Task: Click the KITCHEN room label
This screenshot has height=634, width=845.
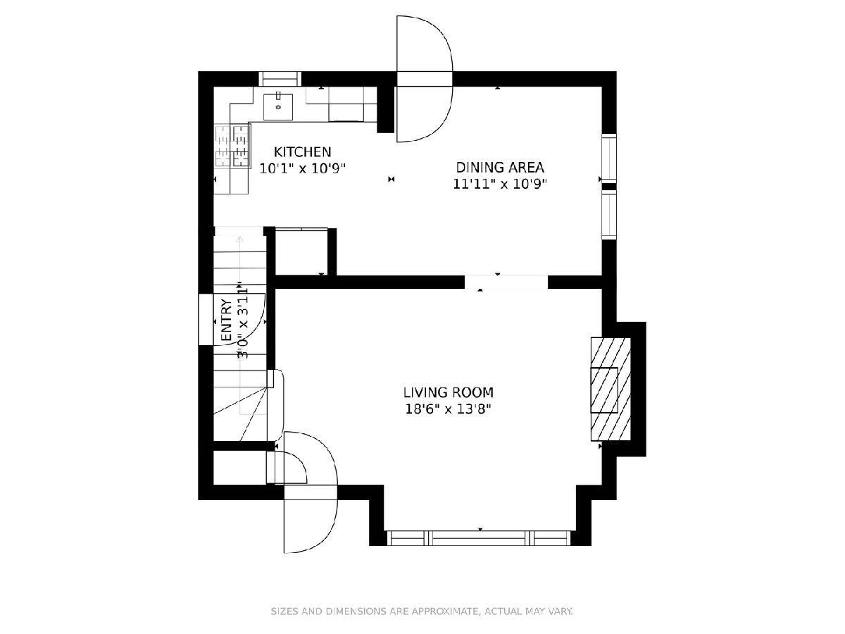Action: click(x=302, y=152)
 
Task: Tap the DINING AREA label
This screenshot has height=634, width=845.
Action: click(x=500, y=168)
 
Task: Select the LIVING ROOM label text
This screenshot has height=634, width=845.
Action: click(x=449, y=392)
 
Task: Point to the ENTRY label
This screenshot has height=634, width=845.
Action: click(x=227, y=321)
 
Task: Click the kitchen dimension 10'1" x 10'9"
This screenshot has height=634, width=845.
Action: click(x=303, y=168)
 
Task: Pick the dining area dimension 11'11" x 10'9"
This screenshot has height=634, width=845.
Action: click(x=500, y=185)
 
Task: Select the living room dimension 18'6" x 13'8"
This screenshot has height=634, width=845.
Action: click(x=449, y=409)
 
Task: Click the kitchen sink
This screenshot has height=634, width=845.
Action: click(x=278, y=107)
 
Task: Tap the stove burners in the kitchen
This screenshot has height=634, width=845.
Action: click(x=232, y=146)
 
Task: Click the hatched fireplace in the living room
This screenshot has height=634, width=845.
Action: click(x=611, y=389)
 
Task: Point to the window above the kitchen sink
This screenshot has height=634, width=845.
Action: click(x=280, y=79)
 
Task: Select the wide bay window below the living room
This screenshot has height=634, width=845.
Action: click(x=479, y=538)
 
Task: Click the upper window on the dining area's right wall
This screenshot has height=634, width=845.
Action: click(x=609, y=158)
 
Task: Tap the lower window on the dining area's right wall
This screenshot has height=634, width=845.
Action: click(x=609, y=215)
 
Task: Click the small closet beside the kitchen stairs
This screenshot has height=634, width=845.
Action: click(x=301, y=251)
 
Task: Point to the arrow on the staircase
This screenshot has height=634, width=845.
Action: click(x=240, y=325)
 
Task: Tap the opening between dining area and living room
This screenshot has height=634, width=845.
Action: click(x=506, y=282)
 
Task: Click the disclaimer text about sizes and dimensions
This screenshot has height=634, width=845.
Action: click(x=423, y=611)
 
